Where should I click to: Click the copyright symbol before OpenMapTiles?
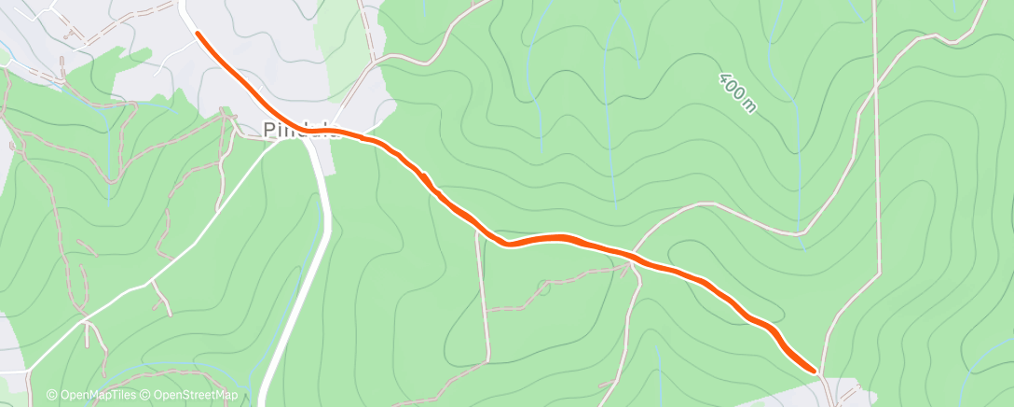coord(52,395)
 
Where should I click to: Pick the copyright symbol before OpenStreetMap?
coord(146,395)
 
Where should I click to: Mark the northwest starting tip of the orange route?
coord(198,33)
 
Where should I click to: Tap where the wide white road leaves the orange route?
coord(313,140)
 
